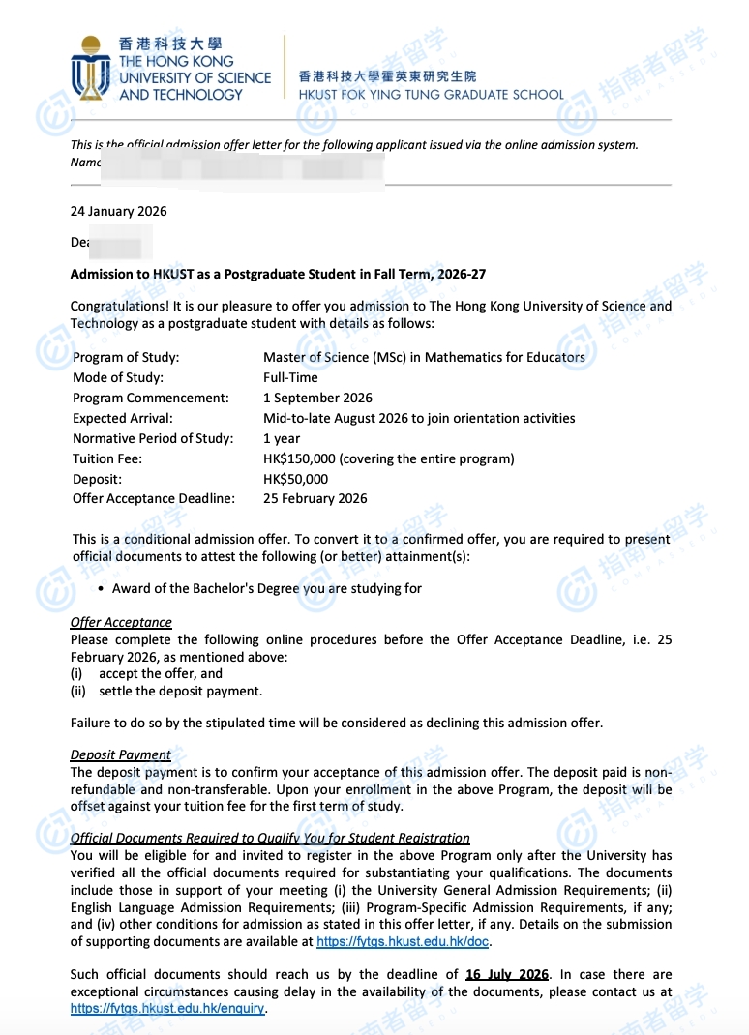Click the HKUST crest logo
91,68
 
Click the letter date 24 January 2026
118,211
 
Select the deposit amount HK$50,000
295,479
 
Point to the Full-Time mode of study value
290,377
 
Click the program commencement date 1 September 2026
317,398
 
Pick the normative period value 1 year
282,438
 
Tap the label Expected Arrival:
123,418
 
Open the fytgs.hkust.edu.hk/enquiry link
166,1009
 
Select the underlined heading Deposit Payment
120,754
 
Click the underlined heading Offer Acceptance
121,622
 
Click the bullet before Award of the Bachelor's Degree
102,588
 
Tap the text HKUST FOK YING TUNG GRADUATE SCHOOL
431,95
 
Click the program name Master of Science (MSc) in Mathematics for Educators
424,357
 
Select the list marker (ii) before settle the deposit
78,691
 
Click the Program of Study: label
126,357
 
